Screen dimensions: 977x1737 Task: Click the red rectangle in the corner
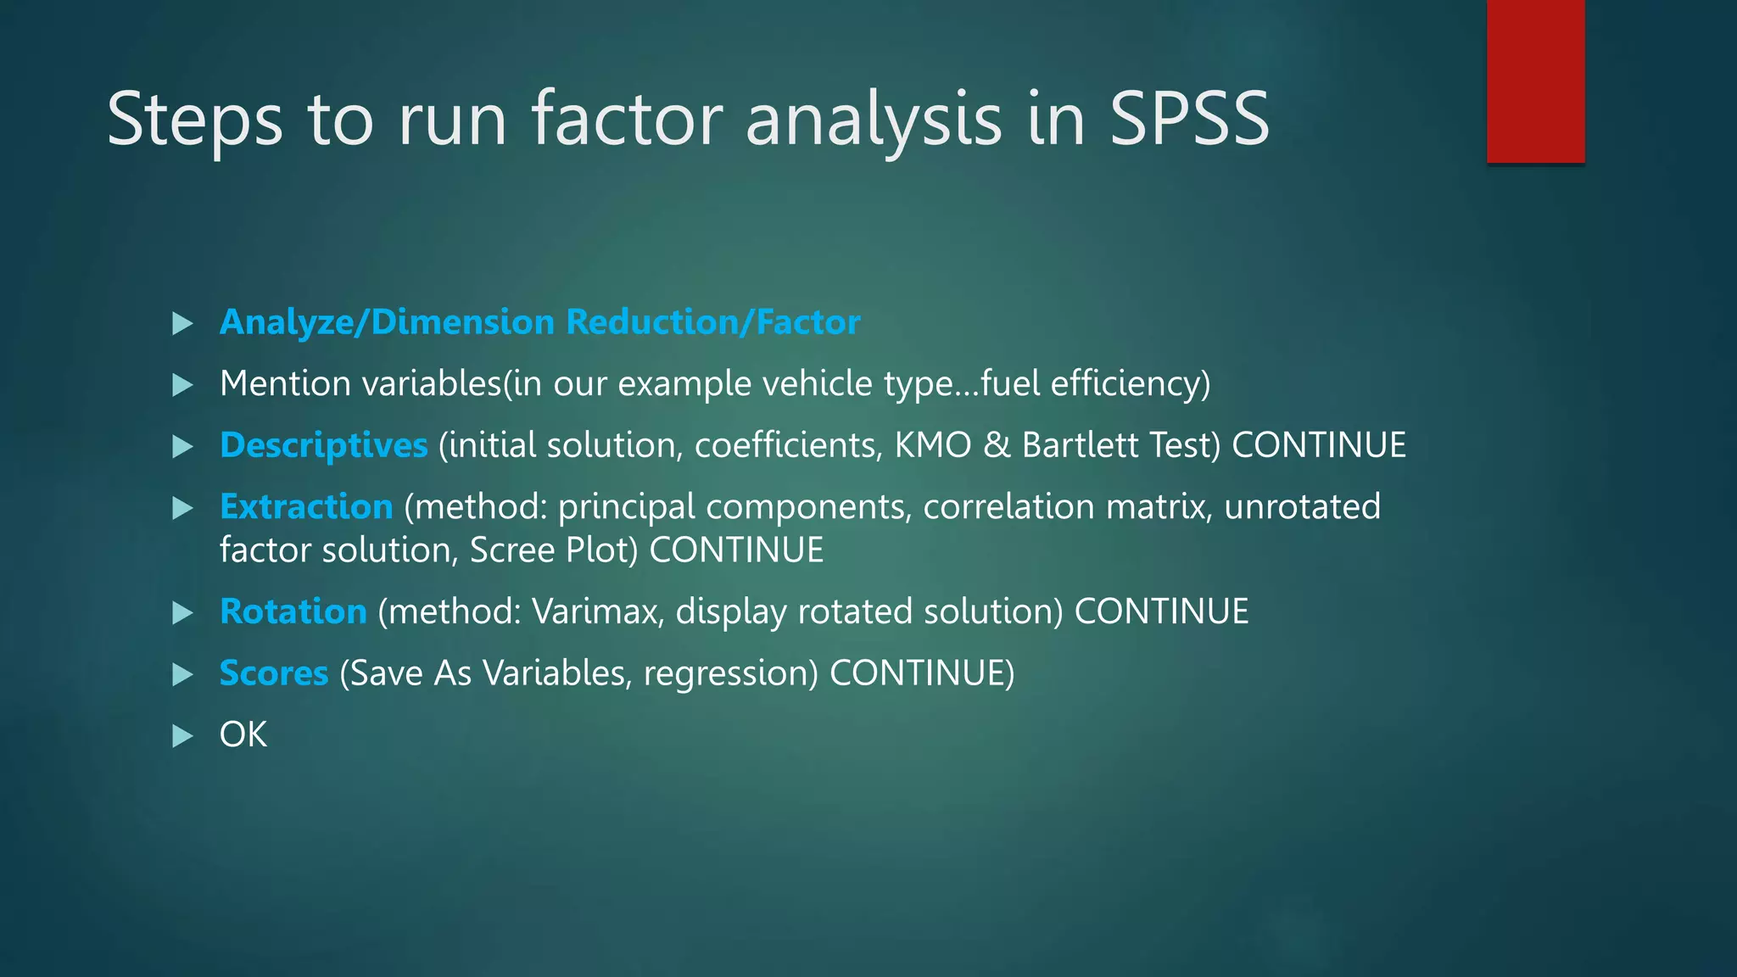(1535, 81)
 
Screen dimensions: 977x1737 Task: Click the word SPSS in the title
(1189, 119)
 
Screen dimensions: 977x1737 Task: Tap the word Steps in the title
(194, 120)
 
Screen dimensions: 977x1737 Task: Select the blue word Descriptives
(323, 445)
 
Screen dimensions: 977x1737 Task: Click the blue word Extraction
(306, 506)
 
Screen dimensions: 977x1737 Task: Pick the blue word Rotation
(293, 611)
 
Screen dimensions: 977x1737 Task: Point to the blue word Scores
(273, 673)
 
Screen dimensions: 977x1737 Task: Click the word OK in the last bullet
(243, 734)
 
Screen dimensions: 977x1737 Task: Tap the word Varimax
(597, 611)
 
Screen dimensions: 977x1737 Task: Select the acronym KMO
(932, 445)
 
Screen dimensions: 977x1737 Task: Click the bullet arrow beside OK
(182, 735)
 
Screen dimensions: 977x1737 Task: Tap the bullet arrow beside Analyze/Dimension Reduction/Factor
(182, 323)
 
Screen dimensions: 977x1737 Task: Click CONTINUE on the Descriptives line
(1319, 445)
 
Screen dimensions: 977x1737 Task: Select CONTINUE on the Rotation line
(1161, 611)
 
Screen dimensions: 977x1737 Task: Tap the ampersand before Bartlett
(997, 445)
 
